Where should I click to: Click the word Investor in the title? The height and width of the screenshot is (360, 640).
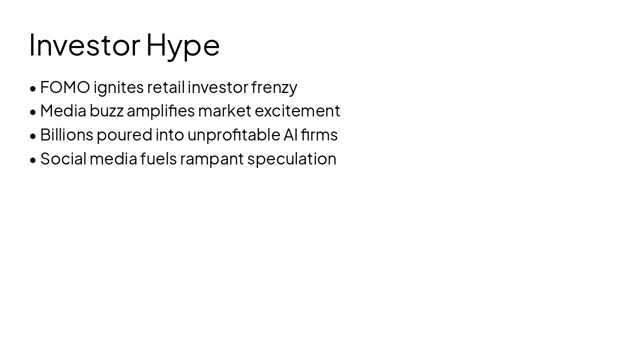pos(84,44)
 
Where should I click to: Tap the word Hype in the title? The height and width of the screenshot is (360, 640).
pos(182,46)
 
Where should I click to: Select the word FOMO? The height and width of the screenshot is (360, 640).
pos(65,87)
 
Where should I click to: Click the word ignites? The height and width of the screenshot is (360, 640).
pos(118,88)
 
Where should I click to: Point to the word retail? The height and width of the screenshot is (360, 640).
pos(165,87)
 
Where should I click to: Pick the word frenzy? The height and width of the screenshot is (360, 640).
pos(274,88)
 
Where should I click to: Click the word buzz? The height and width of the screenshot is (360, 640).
pos(106,111)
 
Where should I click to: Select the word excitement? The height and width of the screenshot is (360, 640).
pos(297,111)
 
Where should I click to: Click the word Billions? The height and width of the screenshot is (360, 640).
pos(66,135)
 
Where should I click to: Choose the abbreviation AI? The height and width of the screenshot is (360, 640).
pos(290,135)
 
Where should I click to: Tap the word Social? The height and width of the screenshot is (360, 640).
pos(63,159)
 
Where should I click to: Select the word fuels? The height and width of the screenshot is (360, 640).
pos(158,159)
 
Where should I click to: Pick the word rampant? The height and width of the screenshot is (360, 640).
pos(211,159)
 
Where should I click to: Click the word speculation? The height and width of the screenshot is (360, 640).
pos(291,159)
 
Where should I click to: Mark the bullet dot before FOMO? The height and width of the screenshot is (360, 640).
pos(33,88)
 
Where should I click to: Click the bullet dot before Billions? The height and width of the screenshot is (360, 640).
pos(33,136)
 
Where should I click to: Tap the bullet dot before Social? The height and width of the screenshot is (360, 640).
pos(33,160)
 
